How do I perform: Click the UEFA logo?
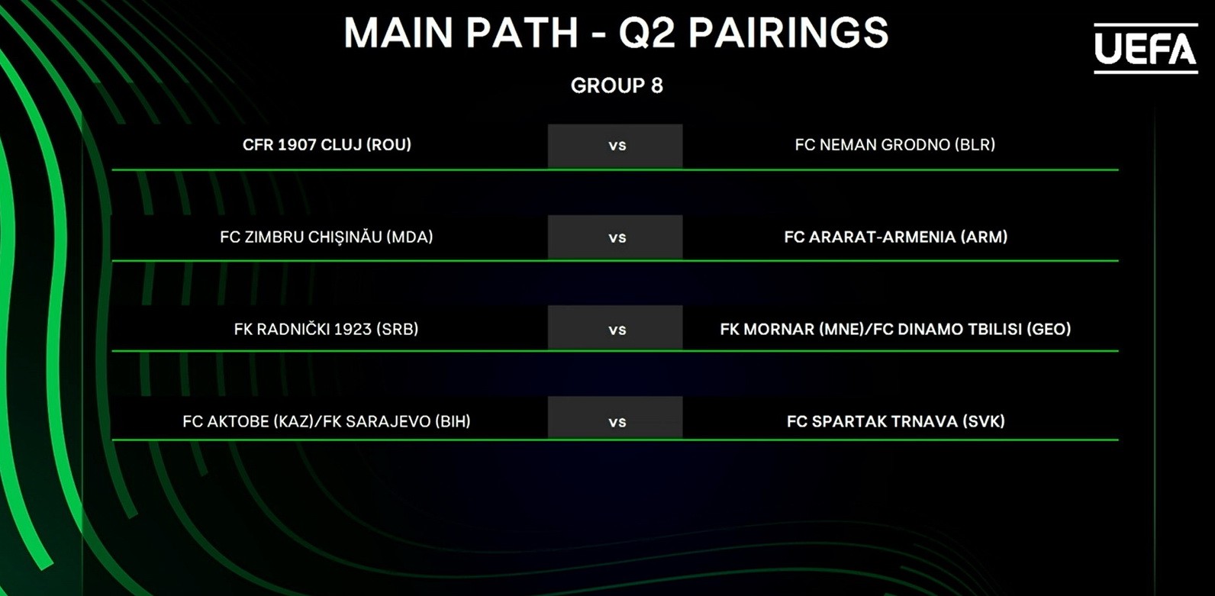[1146, 48]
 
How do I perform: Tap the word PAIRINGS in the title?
[788, 33]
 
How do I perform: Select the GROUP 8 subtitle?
[617, 85]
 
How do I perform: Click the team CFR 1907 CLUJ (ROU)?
[327, 145]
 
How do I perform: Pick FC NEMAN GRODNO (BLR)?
[895, 145]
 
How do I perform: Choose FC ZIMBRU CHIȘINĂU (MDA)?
[327, 237]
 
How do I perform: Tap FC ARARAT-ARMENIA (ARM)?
[895, 237]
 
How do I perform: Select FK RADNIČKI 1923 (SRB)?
[326, 329]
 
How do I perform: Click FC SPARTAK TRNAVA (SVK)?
[895, 421]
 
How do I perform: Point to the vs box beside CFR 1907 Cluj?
[615, 146]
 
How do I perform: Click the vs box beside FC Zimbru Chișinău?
[615, 237]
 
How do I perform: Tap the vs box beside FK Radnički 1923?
[615, 327]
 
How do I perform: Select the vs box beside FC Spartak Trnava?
[615, 417]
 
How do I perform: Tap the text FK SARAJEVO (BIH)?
[397, 421]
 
